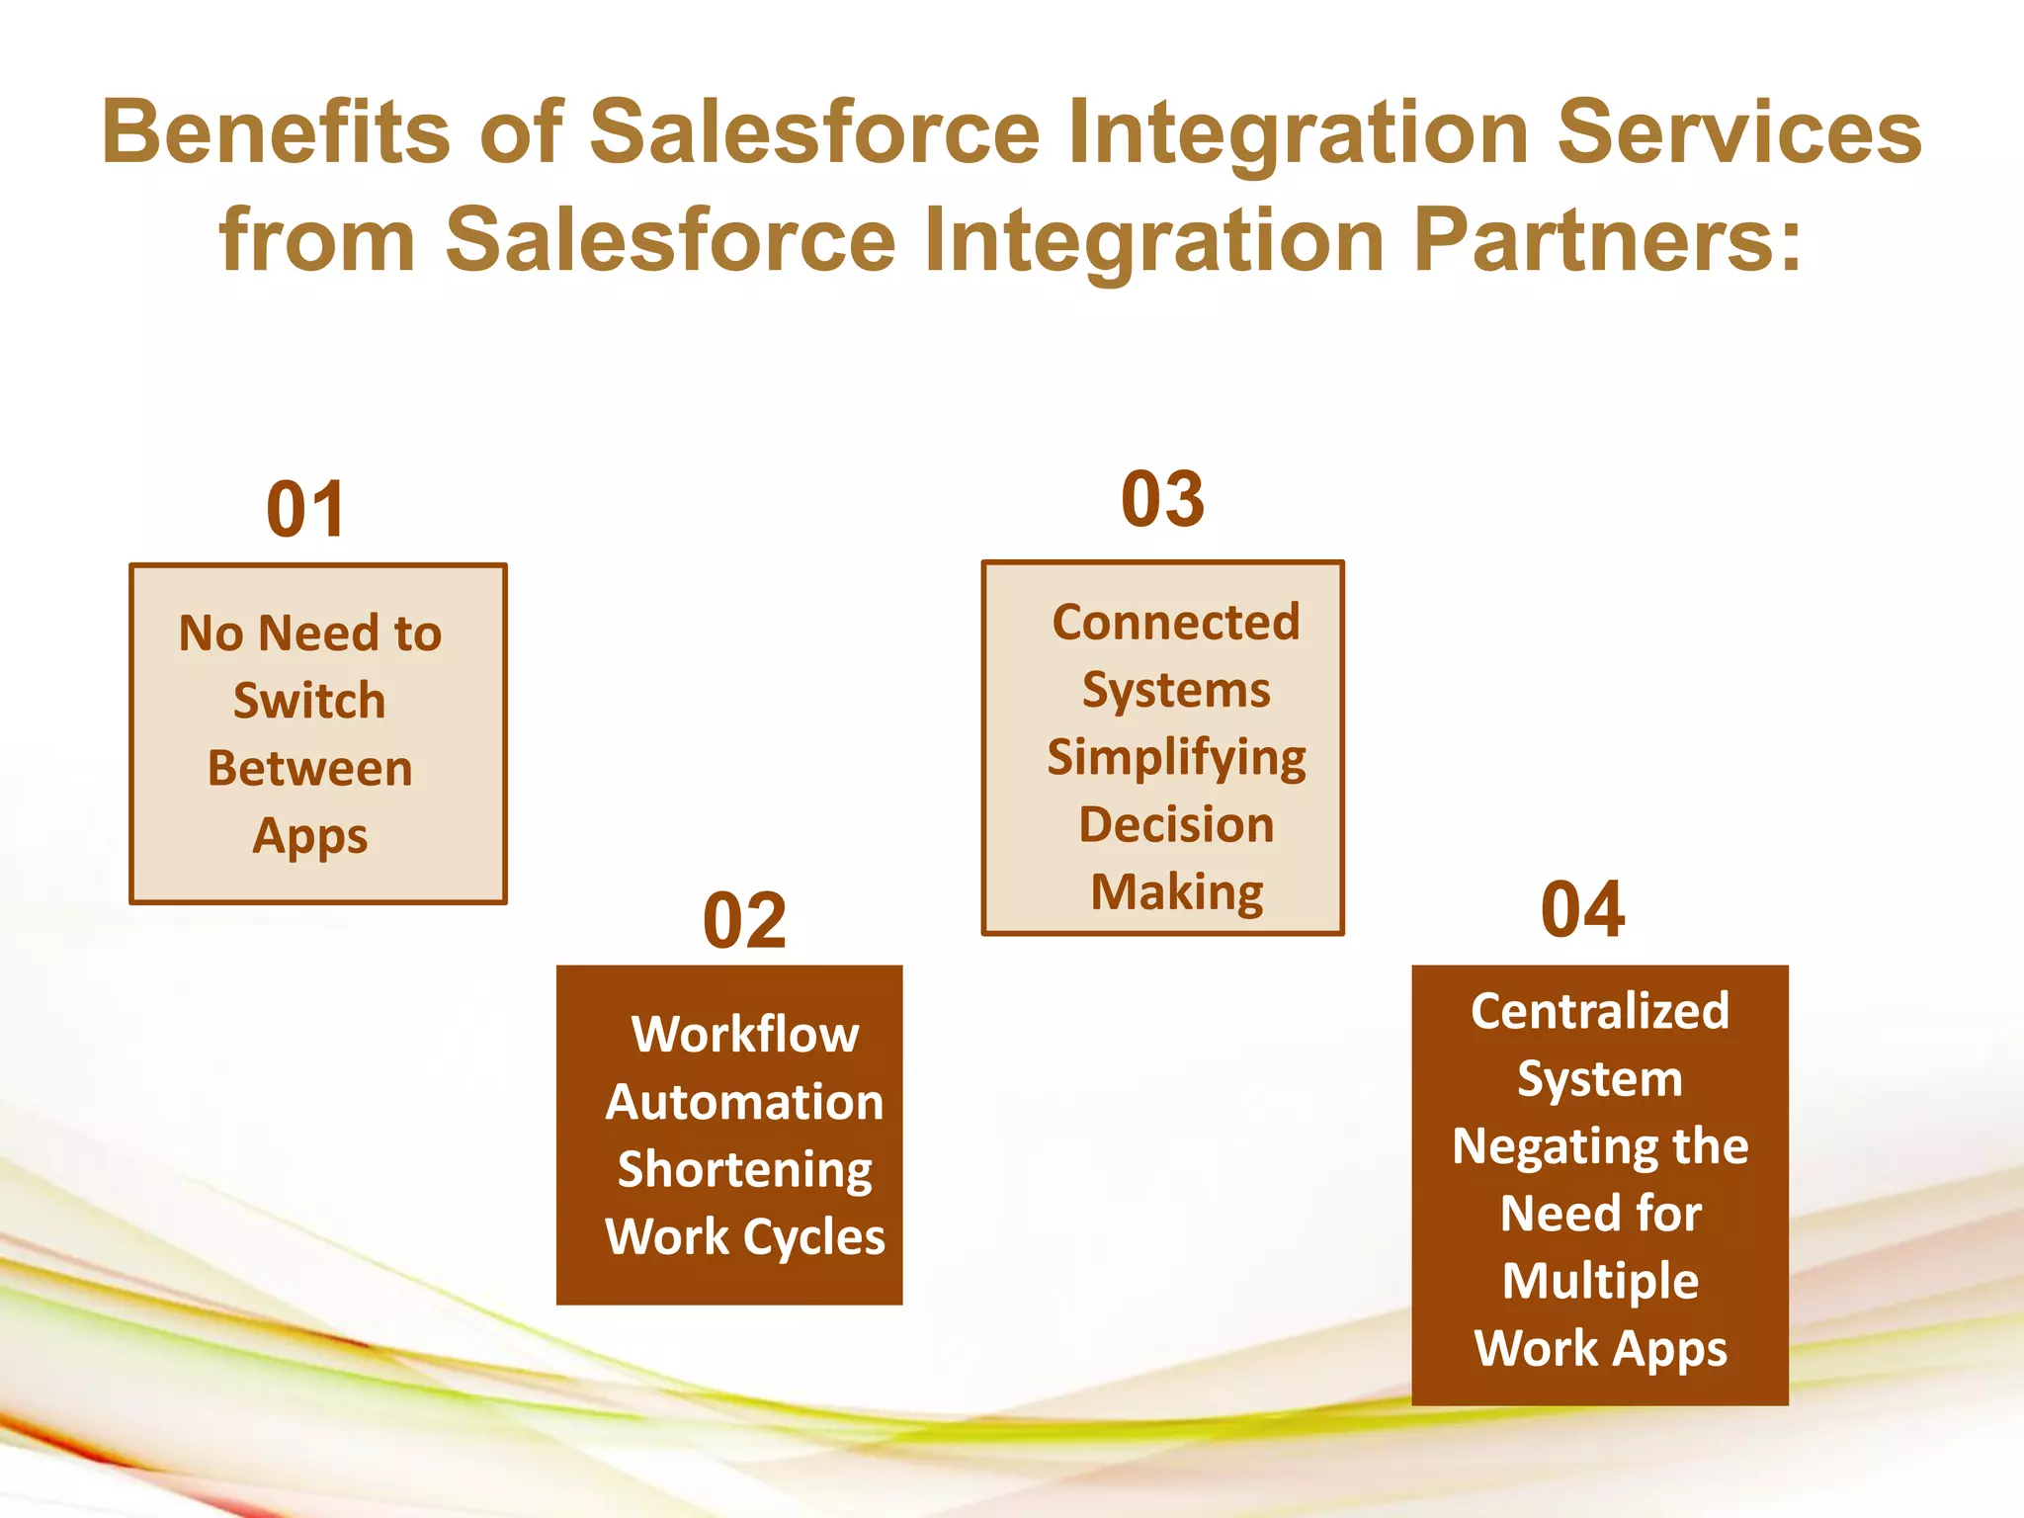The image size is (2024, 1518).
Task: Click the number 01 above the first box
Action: [x=305, y=510]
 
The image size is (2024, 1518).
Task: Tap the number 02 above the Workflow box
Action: [x=744, y=921]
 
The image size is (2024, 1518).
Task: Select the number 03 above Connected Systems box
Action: [x=1162, y=499]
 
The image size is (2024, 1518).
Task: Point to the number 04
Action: [x=1582, y=910]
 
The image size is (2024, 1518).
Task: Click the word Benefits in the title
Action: [x=276, y=132]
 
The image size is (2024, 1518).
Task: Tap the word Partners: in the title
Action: [x=1608, y=240]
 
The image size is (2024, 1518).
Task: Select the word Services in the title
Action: [x=1738, y=132]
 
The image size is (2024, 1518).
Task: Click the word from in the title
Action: [x=316, y=240]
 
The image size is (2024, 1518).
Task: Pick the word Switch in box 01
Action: [x=309, y=701]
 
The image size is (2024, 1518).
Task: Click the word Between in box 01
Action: [x=309, y=769]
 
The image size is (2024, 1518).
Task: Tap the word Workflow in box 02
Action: [x=745, y=1035]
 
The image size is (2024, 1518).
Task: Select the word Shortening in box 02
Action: [x=744, y=1170]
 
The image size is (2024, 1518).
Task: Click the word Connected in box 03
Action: [x=1175, y=623]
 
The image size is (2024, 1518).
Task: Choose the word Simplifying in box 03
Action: [x=1176, y=758]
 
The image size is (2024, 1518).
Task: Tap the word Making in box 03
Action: [x=1176, y=892]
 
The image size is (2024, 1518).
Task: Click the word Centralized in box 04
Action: [x=1600, y=1011]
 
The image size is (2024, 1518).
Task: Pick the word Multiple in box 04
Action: [x=1600, y=1281]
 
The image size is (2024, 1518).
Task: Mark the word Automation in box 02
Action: [x=744, y=1102]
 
